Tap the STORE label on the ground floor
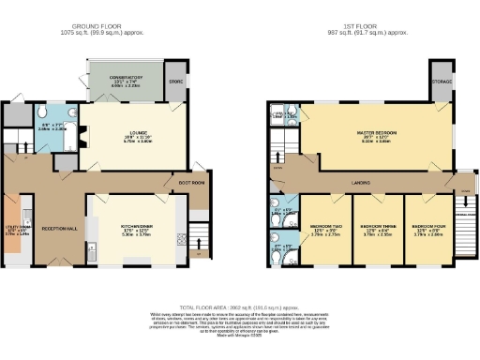pos(174,82)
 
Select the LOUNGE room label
pos(123,132)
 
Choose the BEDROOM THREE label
pos(375,227)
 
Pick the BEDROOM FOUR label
pos(427,227)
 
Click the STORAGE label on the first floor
pos(441,81)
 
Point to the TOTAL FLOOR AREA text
pos(240,307)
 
